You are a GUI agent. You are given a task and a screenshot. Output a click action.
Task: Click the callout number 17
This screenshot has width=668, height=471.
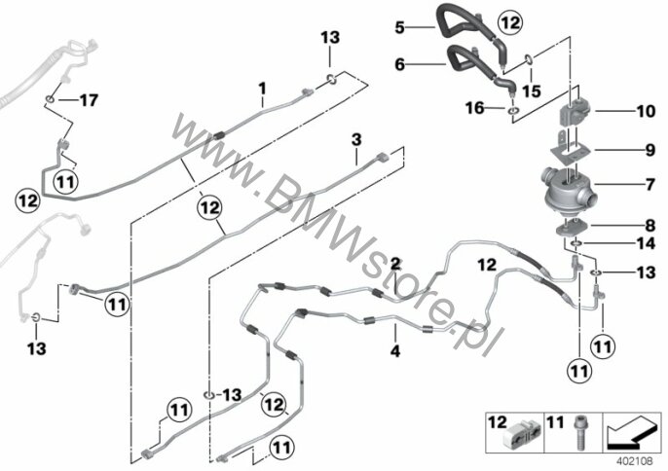(x=89, y=100)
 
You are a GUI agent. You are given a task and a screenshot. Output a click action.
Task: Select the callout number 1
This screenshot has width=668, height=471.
(x=263, y=89)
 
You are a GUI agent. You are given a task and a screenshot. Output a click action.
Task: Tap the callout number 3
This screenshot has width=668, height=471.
(x=356, y=139)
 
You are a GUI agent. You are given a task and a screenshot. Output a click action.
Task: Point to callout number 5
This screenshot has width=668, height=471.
(x=399, y=27)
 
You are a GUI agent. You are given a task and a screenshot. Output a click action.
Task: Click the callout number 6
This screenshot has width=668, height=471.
(x=399, y=64)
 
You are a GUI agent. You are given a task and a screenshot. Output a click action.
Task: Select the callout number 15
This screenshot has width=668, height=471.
(x=532, y=91)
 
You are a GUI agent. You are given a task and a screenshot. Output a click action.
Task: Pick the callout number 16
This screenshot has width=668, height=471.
(x=475, y=108)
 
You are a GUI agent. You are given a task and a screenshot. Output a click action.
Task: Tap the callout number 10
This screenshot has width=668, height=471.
(x=646, y=111)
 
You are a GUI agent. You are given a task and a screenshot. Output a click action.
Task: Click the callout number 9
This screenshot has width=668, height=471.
(x=650, y=150)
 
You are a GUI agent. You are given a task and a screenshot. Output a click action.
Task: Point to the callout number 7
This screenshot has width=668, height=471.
(x=650, y=184)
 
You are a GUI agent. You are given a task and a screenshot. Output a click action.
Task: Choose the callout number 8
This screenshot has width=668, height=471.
(x=650, y=225)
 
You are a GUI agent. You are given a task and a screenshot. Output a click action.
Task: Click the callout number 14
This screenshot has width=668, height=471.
(x=646, y=243)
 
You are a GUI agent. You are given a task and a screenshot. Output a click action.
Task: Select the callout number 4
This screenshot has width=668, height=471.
(x=395, y=351)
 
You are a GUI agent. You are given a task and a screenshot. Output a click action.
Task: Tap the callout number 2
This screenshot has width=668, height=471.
(x=395, y=264)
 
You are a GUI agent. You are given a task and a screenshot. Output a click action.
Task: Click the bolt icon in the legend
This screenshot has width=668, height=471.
(x=579, y=433)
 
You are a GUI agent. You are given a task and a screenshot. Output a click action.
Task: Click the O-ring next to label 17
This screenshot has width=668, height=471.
(x=50, y=99)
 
